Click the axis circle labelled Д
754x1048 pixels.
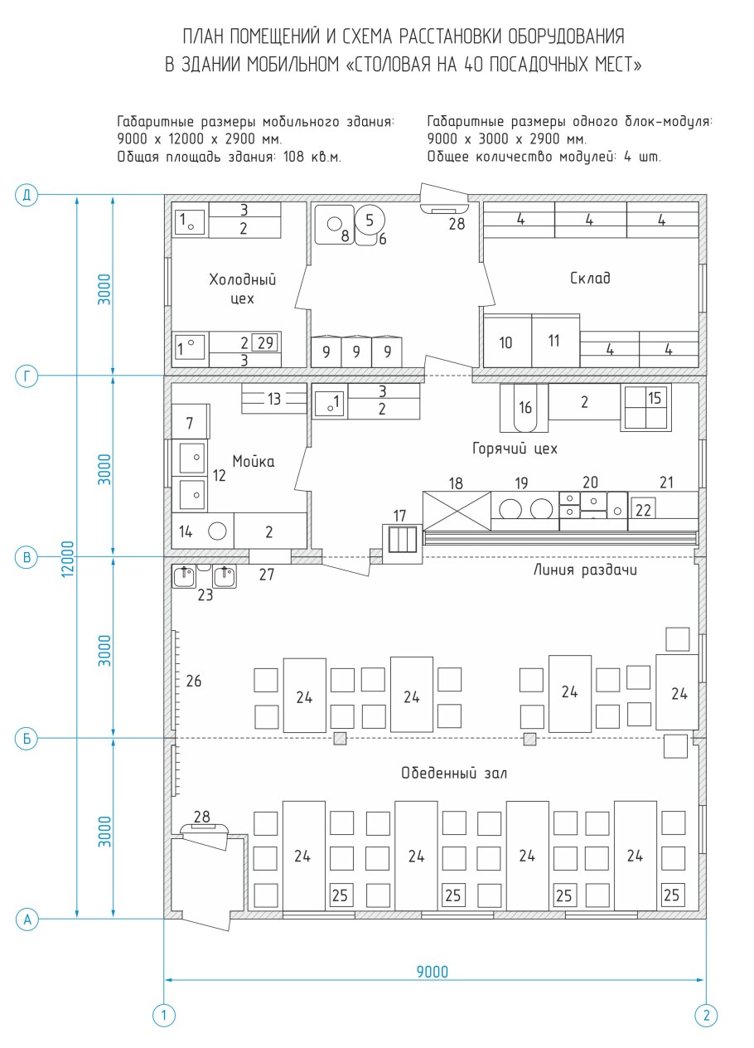point(27,195)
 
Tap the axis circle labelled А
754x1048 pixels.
point(27,919)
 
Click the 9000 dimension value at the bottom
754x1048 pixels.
point(432,972)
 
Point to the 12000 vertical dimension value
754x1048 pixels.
point(68,559)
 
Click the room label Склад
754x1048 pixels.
point(590,278)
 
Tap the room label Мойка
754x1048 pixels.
point(254,461)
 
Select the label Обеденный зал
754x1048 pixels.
point(454,773)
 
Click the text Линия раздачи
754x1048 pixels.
point(585,570)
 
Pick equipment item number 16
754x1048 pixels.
point(524,408)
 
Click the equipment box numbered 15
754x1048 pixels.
point(645,407)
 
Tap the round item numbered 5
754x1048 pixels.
point(370,220)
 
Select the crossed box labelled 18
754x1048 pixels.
point(457,511)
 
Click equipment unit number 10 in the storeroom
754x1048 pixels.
point(507,341)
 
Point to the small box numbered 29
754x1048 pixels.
point(264,342)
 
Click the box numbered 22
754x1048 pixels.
point(643,509)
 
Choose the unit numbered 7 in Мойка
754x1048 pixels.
point(191,422)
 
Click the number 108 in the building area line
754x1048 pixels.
point(293,156)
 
